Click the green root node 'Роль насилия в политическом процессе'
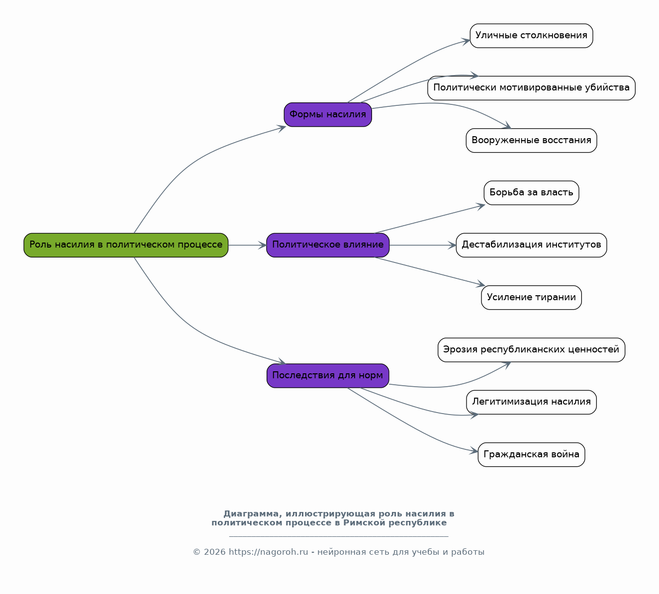(126, 245)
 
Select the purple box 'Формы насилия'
(328, 115)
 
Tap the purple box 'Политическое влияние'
(328, 245)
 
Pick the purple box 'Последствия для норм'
(328, 376)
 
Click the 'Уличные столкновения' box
(532, 36)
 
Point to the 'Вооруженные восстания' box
(532, 141)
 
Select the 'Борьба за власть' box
(532, 193)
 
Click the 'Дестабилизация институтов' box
(532, 245)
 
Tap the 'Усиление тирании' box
(532, 298)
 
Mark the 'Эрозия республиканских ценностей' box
(532, 350)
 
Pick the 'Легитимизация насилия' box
(532, 403)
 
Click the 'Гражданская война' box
(532, 455)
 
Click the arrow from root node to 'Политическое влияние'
(247, 245)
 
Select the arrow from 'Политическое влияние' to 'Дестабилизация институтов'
(423, 245)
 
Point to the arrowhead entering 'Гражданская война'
(474, 451)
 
